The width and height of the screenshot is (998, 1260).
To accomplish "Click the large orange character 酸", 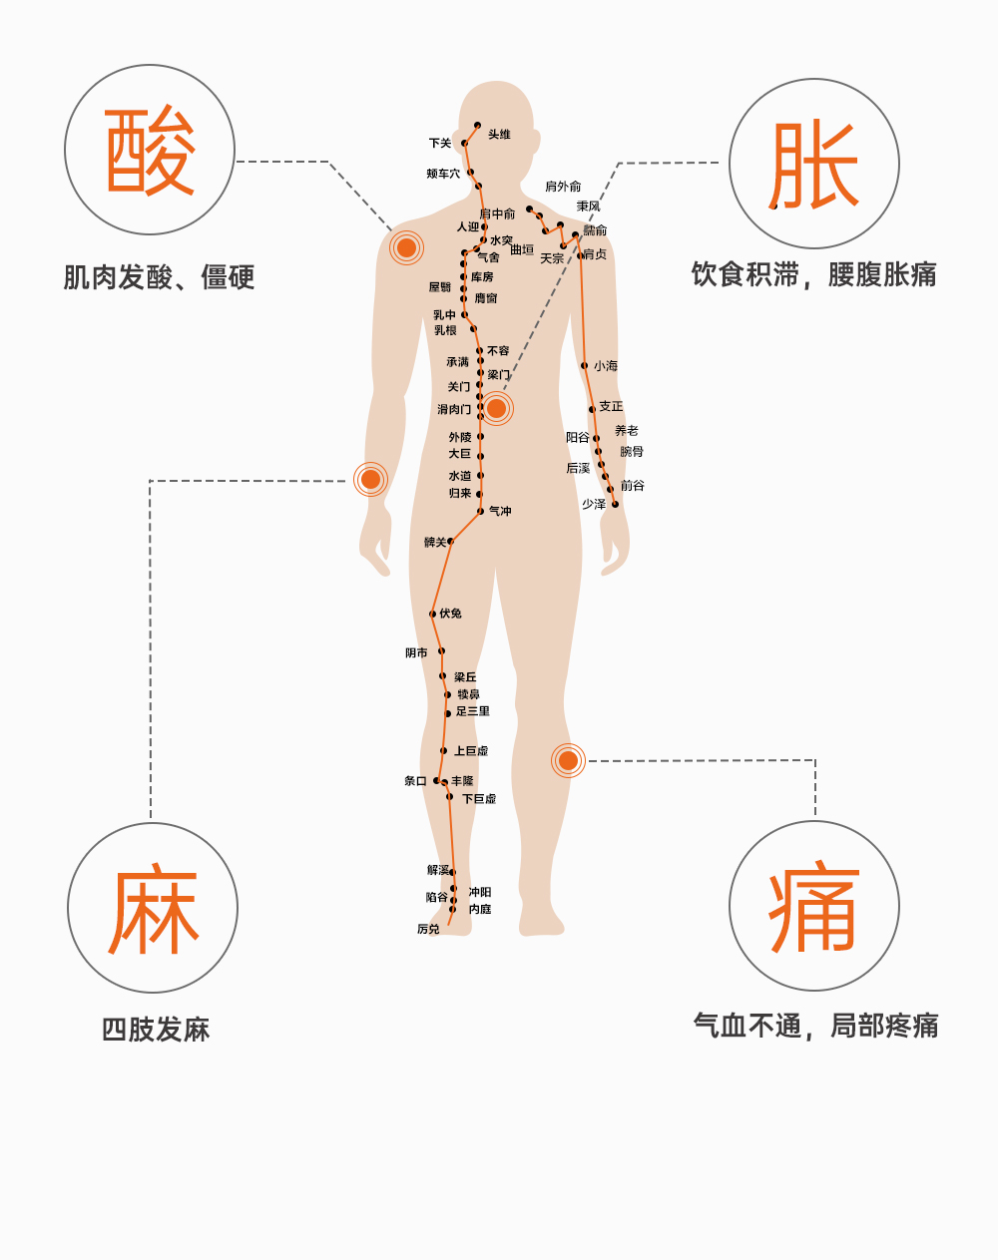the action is coord(150,151).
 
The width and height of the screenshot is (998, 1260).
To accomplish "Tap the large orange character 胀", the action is coord(814,165).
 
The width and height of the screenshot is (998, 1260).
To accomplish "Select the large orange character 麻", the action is coord(154,909).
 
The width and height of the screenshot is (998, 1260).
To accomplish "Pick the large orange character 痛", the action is coord(814,907).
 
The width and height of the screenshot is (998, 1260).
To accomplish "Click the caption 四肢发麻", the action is coord(156,1030).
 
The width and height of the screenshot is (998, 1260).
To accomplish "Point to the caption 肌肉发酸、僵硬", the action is coord(160,277).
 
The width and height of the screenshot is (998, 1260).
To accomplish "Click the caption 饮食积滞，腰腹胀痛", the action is coord(814,274).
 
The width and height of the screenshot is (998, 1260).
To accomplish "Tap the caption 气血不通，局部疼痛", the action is coord(816,1026).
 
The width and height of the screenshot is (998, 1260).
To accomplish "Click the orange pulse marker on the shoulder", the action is coord(406,247).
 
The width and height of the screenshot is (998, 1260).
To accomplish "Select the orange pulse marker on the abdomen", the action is coord(496,408).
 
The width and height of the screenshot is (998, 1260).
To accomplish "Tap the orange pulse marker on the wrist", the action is coord(370,480).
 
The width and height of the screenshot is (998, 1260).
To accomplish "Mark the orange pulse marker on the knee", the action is coord(568,761).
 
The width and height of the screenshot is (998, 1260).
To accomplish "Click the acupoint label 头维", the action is coord(499,135).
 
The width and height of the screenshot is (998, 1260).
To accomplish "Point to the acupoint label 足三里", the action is coord(473,712).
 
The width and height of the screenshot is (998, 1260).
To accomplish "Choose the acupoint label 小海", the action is coord(606,366).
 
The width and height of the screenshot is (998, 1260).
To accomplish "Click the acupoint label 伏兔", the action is coord(451,614).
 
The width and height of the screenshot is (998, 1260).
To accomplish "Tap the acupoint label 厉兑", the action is coord(428,930).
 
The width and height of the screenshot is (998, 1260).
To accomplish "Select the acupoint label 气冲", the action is coord(500,512).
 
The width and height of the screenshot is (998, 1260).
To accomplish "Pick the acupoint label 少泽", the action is coord(594,505).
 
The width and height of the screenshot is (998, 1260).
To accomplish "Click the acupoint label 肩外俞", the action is coord(563,187).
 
